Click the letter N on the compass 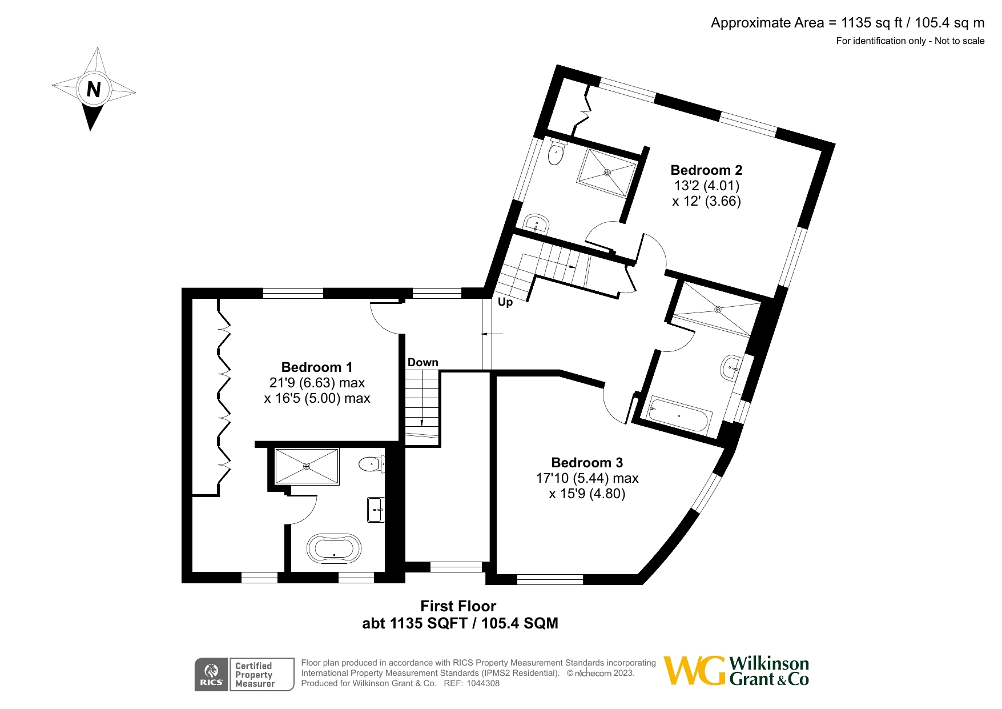coord(94,89)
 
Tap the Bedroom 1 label coord(317,367)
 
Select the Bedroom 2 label coord(706,170)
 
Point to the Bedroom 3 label coord(587,463)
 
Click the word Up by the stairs coord(505,302)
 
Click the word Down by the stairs coord(423,362)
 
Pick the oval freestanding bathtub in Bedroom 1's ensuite coord(334,549)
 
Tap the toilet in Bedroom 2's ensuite coord(556,152)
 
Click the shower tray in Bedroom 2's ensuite coord(606,173)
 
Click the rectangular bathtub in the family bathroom coord(679,415)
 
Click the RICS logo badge coord(211,675)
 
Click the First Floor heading coord(458,606)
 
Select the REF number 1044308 coord(483,683)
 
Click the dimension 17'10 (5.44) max coord(587,478)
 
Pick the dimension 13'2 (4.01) coord(706,186)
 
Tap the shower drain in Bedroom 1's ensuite coord(307,466)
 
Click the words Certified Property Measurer coord(255,675)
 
